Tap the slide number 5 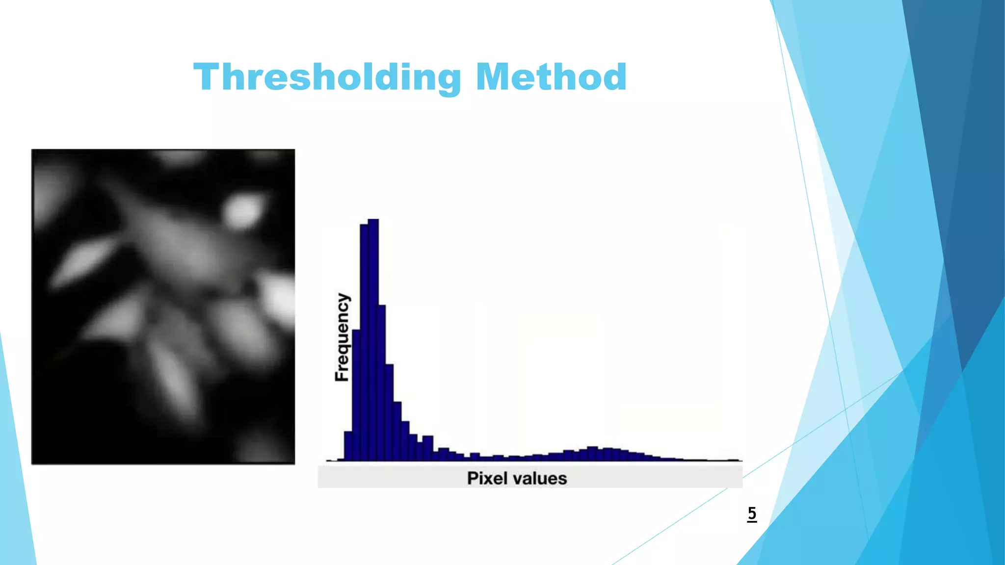pyautogui.click(x=752, y=514)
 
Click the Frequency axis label pyautogui.click(x=342, y=337)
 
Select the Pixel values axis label pyautogui.click(x=517, y=478)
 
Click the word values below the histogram pyautogui.click(x=538, y=478)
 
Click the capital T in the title pyautogui.click(x=206, y=77)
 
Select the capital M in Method pyautogui.click(x=494, y=77)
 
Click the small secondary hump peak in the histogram pyautogui.click(x=592, y=453)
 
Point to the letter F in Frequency pyautogui.click(x=342, y=375)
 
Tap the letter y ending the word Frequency pyautogui.click(x=344, y=298)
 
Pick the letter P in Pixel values pyautogui.click(x=473, y=478)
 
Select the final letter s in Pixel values pyautogui.click(x=562, y=479)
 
